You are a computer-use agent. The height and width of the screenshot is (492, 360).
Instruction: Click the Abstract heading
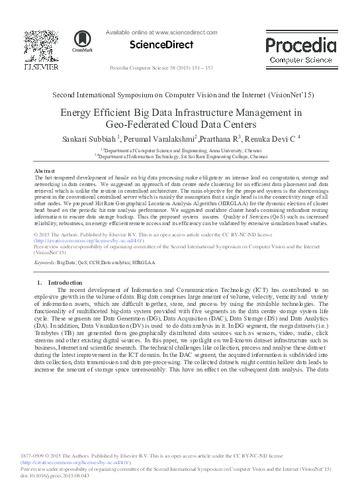44,171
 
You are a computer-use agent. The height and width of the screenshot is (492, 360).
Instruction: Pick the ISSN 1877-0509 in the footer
43,456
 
